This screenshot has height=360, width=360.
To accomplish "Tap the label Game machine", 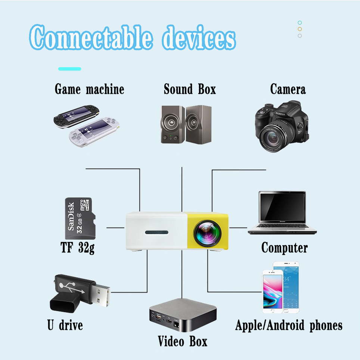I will pyautogui.click(x=89, y=90).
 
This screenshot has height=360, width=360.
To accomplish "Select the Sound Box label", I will pyautogui.click(x=190, y=90).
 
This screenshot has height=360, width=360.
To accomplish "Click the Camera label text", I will pyautogui.click(x=288, y=90).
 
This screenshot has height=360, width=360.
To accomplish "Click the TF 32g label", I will pyautogui.click(x=78, y=248).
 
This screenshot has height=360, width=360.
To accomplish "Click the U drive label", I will pyautogui.click(x=65, y=325).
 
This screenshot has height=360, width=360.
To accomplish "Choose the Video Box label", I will pyautogui.click(x=182, y=341).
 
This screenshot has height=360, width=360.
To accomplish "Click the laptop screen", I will pyautogui.click(x=282, y=208).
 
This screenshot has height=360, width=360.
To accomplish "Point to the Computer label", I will pyautogui.click(x=284, y=248).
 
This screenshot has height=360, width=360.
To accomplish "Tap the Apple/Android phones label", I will pyautogui.click(x=289, y=325).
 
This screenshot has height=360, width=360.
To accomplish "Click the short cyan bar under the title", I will pyautogui.click(x=69, y=69).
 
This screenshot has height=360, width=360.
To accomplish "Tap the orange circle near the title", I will pyautogui.click(x=300, y=29).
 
